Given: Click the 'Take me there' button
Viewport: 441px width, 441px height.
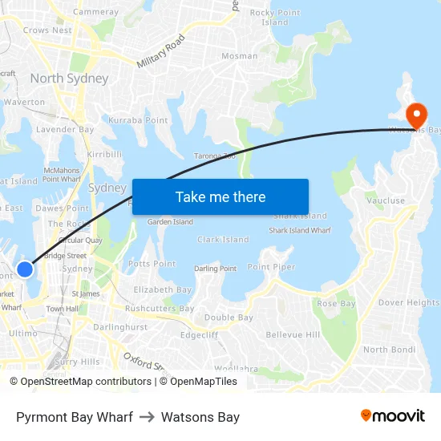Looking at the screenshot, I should [220, 196].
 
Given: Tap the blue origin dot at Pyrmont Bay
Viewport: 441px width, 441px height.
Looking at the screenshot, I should [26, 269].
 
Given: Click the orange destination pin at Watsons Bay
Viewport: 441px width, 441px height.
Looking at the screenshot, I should [416, 114].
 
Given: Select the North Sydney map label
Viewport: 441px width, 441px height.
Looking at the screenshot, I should [69, 79].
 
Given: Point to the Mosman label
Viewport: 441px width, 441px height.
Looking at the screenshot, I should [240, 56].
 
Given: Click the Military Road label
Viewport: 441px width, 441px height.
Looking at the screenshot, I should [160, 51].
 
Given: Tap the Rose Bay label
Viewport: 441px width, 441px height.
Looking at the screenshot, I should [336, 304].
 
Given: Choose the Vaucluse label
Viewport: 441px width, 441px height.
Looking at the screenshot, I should [385, 201].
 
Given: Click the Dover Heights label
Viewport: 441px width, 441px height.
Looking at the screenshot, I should [409, 303].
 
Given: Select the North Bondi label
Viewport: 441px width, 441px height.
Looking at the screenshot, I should [387, 350].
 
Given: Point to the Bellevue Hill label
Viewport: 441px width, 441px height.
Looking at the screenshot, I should [293, 334].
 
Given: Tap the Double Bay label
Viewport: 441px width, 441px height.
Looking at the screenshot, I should [229, 318].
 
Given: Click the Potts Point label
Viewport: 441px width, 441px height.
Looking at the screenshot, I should [152, 264].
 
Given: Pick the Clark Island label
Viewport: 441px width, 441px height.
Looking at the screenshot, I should [223, 240].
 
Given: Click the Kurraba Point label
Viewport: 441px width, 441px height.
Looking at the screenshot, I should [138, 120].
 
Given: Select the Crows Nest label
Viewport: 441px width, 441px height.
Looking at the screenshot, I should [47, 30].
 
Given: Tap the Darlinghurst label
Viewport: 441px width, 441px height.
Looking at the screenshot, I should [120, 327].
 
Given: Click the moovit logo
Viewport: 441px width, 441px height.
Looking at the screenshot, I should [392, 416].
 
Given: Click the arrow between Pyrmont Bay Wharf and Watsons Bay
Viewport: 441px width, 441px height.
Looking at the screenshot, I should [147, 417].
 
